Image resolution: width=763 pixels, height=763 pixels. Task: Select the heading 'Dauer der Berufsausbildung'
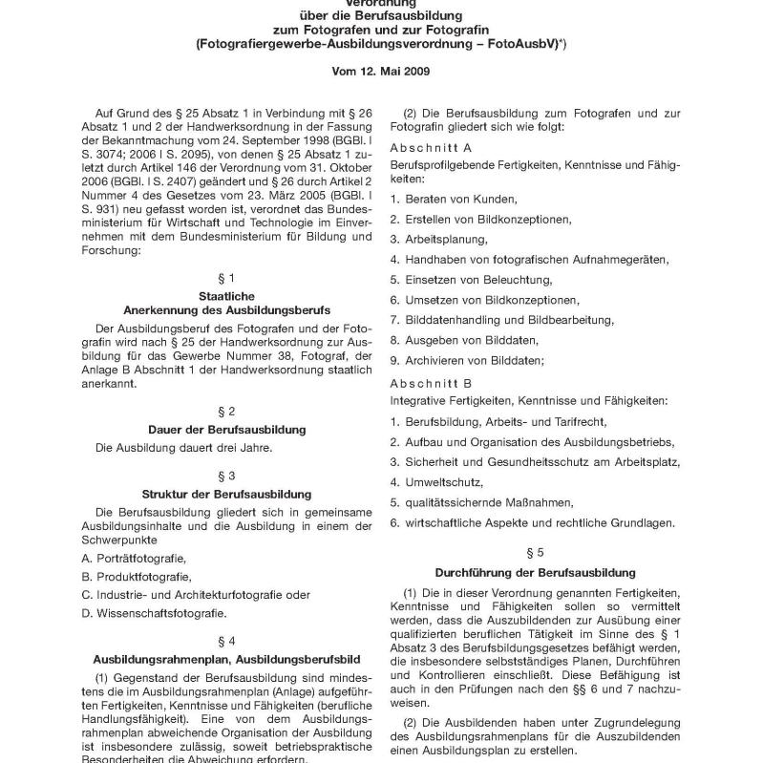click(x=226, y=430)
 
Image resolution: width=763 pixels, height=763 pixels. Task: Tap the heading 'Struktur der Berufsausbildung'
click(x=226, y=494)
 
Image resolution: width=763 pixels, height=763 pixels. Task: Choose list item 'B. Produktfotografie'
click(x=137, y=576)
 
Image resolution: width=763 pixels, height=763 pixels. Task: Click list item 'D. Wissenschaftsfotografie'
click(x=154, y=613)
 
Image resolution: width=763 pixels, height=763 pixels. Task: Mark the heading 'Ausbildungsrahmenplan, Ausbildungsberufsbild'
click(x=226, y=659)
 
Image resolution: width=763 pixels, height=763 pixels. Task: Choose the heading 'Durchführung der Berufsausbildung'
click(x=535, y=573)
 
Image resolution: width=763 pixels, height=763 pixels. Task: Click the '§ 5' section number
click(x=535, y=552)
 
